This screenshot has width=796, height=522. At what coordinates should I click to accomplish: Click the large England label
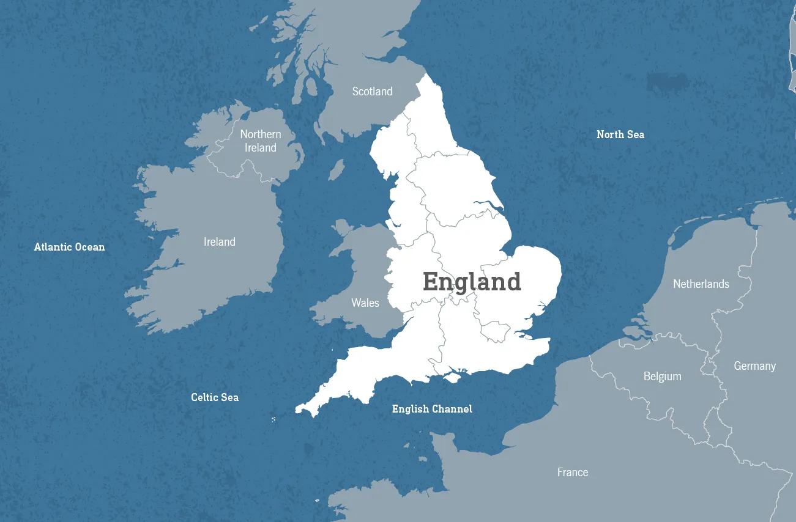coord(472,282)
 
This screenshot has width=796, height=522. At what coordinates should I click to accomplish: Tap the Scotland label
coord(372,92)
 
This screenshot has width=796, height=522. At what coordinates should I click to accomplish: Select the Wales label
coord(365,303)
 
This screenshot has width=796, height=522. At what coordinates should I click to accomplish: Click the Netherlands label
coord(701,284)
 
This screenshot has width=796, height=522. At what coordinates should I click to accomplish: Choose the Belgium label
coord(662,377)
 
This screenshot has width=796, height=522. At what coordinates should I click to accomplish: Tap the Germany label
coord(754,366)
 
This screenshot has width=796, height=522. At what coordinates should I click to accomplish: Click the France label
coord(573,472)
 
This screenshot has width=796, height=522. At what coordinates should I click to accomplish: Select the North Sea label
coord(620,134)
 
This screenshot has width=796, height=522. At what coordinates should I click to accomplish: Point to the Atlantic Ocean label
coord(69,248)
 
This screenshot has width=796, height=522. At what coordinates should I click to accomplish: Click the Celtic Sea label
coord(215,397)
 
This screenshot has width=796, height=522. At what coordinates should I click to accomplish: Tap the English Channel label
coord(432,409)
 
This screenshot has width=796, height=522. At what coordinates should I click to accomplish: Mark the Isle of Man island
coord(337,170)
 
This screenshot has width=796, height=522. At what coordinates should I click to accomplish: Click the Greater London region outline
coord(495,331)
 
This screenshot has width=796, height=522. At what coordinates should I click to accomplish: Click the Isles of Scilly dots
coord(273,419)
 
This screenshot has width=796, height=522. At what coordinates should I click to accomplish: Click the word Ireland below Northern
coord(261,148)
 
